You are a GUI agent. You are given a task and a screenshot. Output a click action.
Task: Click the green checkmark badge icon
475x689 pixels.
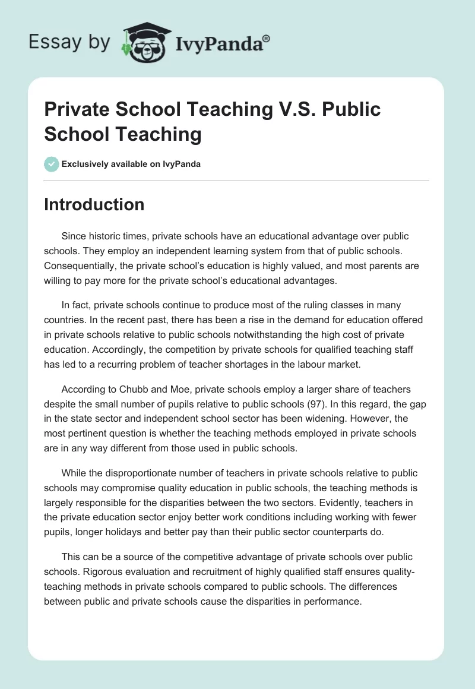[52, 164]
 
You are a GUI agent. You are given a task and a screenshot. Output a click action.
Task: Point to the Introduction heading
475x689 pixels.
[94, 205]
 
